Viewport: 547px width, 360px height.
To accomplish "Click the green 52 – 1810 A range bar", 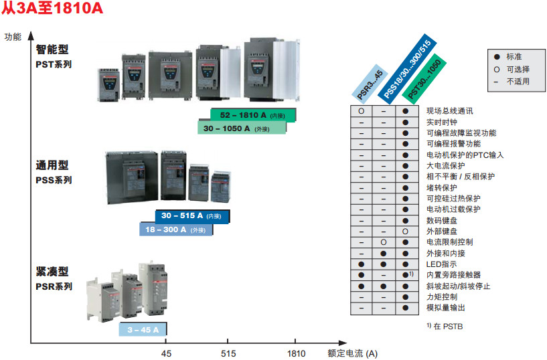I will [x=253, y=115].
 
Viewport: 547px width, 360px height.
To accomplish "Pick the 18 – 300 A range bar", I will [x=175, y=230].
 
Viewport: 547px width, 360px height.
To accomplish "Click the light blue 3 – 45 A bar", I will [x=143, y=329].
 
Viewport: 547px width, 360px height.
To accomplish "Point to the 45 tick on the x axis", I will [x=167, y=354].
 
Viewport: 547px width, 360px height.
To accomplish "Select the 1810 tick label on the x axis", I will [x=295, y=354].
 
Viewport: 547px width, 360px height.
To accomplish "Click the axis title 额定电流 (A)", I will [x=352, y=354].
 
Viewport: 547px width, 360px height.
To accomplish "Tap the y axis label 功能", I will [x=13, y=37].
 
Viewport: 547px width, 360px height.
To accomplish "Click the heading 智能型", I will [x=52, y=50].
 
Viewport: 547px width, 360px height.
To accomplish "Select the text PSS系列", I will [x=54, y=180].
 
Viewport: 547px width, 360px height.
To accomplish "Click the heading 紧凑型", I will [x=52, y=272].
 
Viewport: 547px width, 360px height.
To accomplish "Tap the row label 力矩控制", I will [x=443, y=296].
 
